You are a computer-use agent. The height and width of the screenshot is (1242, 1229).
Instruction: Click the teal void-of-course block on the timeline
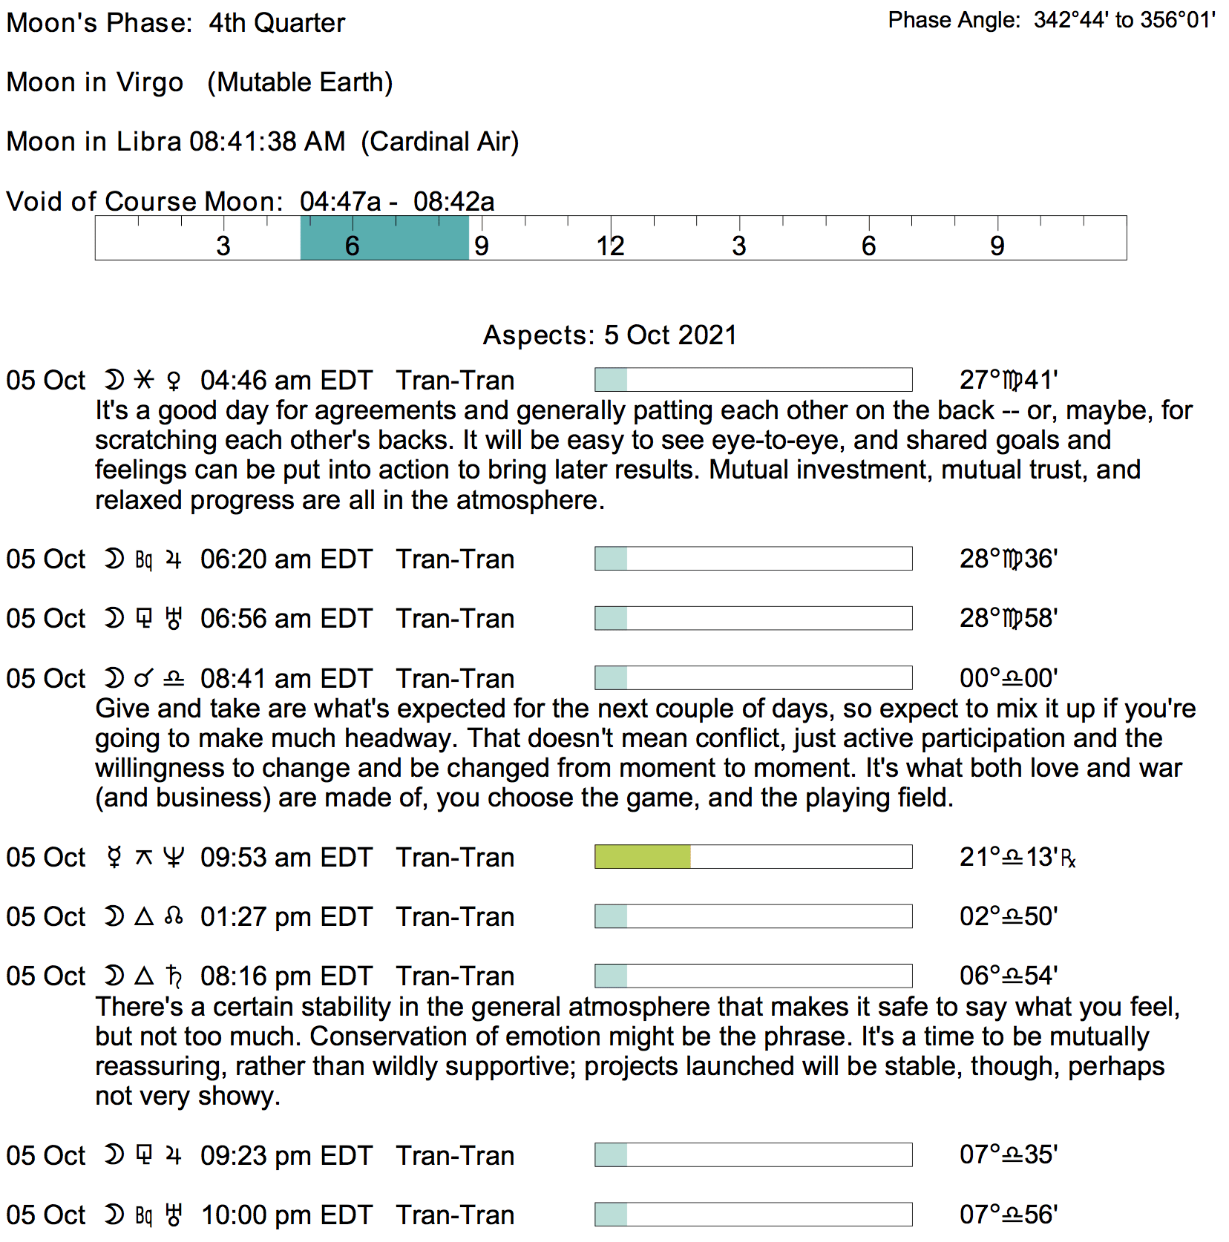384,238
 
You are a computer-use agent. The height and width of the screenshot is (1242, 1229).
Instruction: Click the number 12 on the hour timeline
610,246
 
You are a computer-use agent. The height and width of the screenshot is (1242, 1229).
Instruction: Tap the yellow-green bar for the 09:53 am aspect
643,857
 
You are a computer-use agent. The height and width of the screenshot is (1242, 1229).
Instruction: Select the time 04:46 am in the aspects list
248,381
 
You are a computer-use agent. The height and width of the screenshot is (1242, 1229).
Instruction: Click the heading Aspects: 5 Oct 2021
609,335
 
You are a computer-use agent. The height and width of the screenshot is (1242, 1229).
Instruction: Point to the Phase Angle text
1052,20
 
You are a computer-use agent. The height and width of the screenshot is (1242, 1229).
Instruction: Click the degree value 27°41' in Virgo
1008,381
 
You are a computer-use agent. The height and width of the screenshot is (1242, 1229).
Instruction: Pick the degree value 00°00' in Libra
1008,679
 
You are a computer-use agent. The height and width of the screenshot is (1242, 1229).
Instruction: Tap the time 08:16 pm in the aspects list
248,976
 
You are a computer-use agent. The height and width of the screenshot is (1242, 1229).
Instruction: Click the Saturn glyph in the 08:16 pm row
174,976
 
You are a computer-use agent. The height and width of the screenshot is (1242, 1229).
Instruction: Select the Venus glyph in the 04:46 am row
174,381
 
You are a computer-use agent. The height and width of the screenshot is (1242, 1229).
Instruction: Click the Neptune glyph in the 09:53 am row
174,858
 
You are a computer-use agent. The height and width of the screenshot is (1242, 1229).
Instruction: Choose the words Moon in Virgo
95,82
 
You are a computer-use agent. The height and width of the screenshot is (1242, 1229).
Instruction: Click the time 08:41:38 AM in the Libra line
267,142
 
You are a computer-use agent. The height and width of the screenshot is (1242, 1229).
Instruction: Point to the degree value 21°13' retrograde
1017,858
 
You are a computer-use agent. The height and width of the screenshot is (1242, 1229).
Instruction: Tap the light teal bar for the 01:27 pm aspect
611,917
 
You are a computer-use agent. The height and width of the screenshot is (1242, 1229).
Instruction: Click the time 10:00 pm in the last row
248,1215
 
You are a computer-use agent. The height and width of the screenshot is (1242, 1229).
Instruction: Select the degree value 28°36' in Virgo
1008,559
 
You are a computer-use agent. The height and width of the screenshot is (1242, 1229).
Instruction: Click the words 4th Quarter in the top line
277,23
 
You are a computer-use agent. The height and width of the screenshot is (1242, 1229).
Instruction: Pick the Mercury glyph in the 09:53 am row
114,858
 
